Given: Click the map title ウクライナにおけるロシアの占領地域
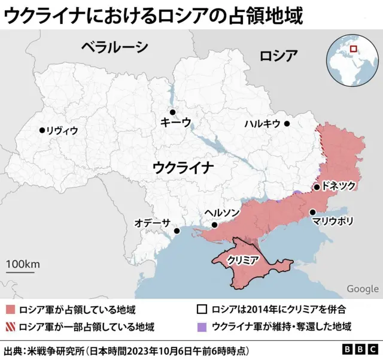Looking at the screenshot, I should click(153, 15).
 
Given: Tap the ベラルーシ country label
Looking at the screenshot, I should click(114, 46).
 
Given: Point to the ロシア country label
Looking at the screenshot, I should click(278, 56).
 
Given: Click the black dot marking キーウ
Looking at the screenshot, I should click(172, 112).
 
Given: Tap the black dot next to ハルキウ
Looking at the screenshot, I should click(287, 124).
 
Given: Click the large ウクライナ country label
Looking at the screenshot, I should click(183, 167).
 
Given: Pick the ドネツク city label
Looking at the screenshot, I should click(339, 186).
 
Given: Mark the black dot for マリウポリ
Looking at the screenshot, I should click(312, 212).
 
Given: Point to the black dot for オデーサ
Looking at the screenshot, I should click(177, 231).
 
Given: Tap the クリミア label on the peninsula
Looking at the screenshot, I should click(242, 260).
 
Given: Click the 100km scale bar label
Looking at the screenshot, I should click(23, 264).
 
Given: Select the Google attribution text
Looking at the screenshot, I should click(362, 289).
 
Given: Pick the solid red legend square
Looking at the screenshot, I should click(10, 310).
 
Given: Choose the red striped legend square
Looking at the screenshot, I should click(10, 327).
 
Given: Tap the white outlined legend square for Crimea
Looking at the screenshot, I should click(202, 310).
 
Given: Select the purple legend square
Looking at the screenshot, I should click(202, 327).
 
